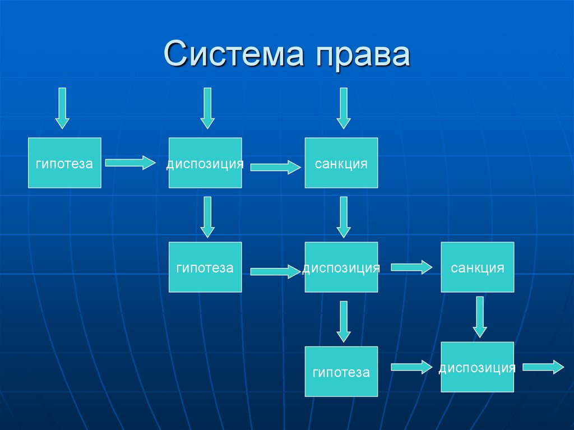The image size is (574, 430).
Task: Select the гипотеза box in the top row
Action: point(64,163)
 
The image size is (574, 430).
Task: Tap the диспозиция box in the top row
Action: point(205,163)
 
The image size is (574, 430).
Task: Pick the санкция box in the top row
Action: point(341,163)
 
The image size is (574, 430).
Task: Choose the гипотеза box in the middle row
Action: point(205,267)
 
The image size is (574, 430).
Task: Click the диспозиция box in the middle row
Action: point(341,267)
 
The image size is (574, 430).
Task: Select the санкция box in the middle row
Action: point(477,267)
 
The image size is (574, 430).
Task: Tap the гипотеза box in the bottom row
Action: point(341,371)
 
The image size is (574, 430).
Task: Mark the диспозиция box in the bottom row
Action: point(477,367)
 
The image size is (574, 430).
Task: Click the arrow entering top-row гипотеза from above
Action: point(62,108)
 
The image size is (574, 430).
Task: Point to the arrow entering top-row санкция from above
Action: point(343,108)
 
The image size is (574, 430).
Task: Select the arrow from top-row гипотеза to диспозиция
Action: point(130,163)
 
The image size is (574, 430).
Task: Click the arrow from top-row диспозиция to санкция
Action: point(275,167)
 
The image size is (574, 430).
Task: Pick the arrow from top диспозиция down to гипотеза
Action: point(208,216)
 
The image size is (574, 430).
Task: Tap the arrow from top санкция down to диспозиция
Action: point(343,216)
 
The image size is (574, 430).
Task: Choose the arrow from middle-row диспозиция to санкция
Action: point(411,267)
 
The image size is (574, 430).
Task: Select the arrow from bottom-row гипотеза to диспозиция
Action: point(411,367)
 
